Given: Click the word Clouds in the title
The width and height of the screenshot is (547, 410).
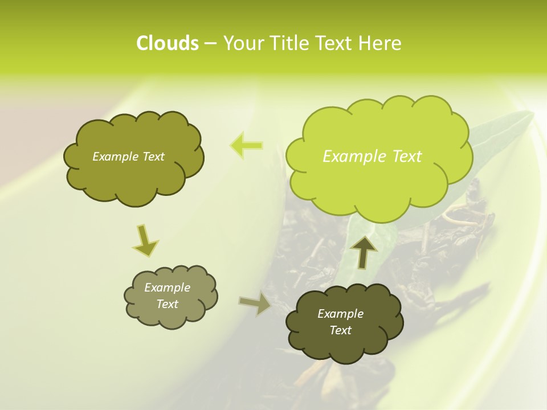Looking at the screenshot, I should click(x=167, y=43).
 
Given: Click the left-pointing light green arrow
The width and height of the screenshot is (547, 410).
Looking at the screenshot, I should click(x=246, y=146).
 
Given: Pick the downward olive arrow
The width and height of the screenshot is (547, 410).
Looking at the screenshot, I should click(x=145, y=240).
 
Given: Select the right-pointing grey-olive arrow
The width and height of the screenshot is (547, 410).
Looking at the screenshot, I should click(x=255, y=303).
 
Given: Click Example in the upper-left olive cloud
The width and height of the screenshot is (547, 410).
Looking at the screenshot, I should click(x=115, y=157).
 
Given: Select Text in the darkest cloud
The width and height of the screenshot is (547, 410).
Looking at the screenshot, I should click(x=340, y=330).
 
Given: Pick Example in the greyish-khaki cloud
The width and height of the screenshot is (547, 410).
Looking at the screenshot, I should click(x=167, y=288).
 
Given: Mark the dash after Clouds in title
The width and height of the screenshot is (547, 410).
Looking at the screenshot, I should click(x=210, y=43).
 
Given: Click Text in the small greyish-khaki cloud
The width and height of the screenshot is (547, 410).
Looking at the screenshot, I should click(x=167, y=304).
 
